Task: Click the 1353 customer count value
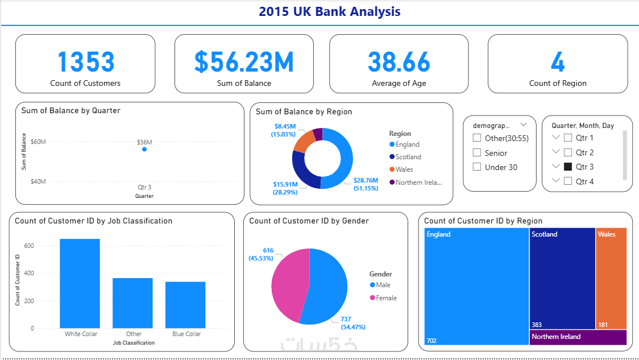[x=85, y=62]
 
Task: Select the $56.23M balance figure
[x=244, y=62]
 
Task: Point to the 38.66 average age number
[x=399, y=62]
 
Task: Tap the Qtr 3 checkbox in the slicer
[x=567, y=167]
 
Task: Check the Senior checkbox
[x=477, y=153]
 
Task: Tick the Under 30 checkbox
[x=477, y=167]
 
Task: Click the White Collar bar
[x=80, y=283]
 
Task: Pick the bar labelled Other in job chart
[x=132, y=303]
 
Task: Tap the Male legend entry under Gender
[x=380, y=285]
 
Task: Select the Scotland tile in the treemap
[x=562, y=279]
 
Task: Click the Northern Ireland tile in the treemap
[x=578, y=337]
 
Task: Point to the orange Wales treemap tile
[x=611, y=279]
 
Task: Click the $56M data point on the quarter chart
[x=144, y=149]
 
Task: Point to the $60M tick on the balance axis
[x=38, y=142]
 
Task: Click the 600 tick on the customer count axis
[x=28, y=246]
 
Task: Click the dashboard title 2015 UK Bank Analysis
[x=330, y=11]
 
